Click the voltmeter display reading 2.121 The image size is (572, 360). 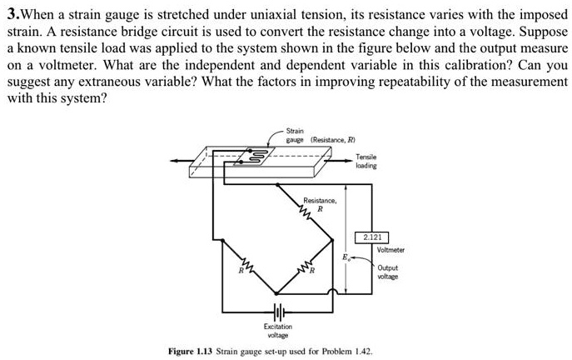(371, 237)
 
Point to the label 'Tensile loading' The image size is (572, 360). (366, 161)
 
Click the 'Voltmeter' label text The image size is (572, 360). (390, 250)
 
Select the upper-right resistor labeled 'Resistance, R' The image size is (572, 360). (309, 216)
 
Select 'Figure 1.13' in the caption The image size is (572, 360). (193, 352)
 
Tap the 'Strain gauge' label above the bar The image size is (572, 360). (296, 136)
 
